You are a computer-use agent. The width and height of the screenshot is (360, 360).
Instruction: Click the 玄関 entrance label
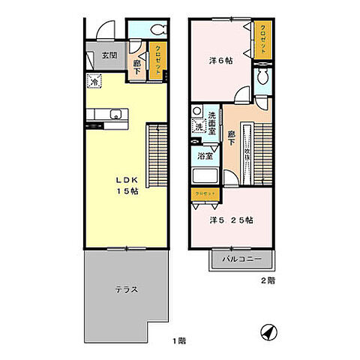coord(109,55)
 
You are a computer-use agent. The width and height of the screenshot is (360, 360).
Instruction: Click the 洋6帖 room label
coord(218,61)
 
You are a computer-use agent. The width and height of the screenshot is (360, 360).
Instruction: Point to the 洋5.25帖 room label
coord(230,220)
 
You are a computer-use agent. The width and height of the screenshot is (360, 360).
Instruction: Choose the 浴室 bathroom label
coord(205,156)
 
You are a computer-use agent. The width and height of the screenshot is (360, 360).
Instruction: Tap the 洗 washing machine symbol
coord(199,125)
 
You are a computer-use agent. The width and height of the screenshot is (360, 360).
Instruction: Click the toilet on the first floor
coord(158,30)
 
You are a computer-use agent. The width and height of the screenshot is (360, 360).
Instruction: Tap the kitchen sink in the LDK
coord(115,114)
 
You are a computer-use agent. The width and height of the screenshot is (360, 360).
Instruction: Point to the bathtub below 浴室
coord(205,177)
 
